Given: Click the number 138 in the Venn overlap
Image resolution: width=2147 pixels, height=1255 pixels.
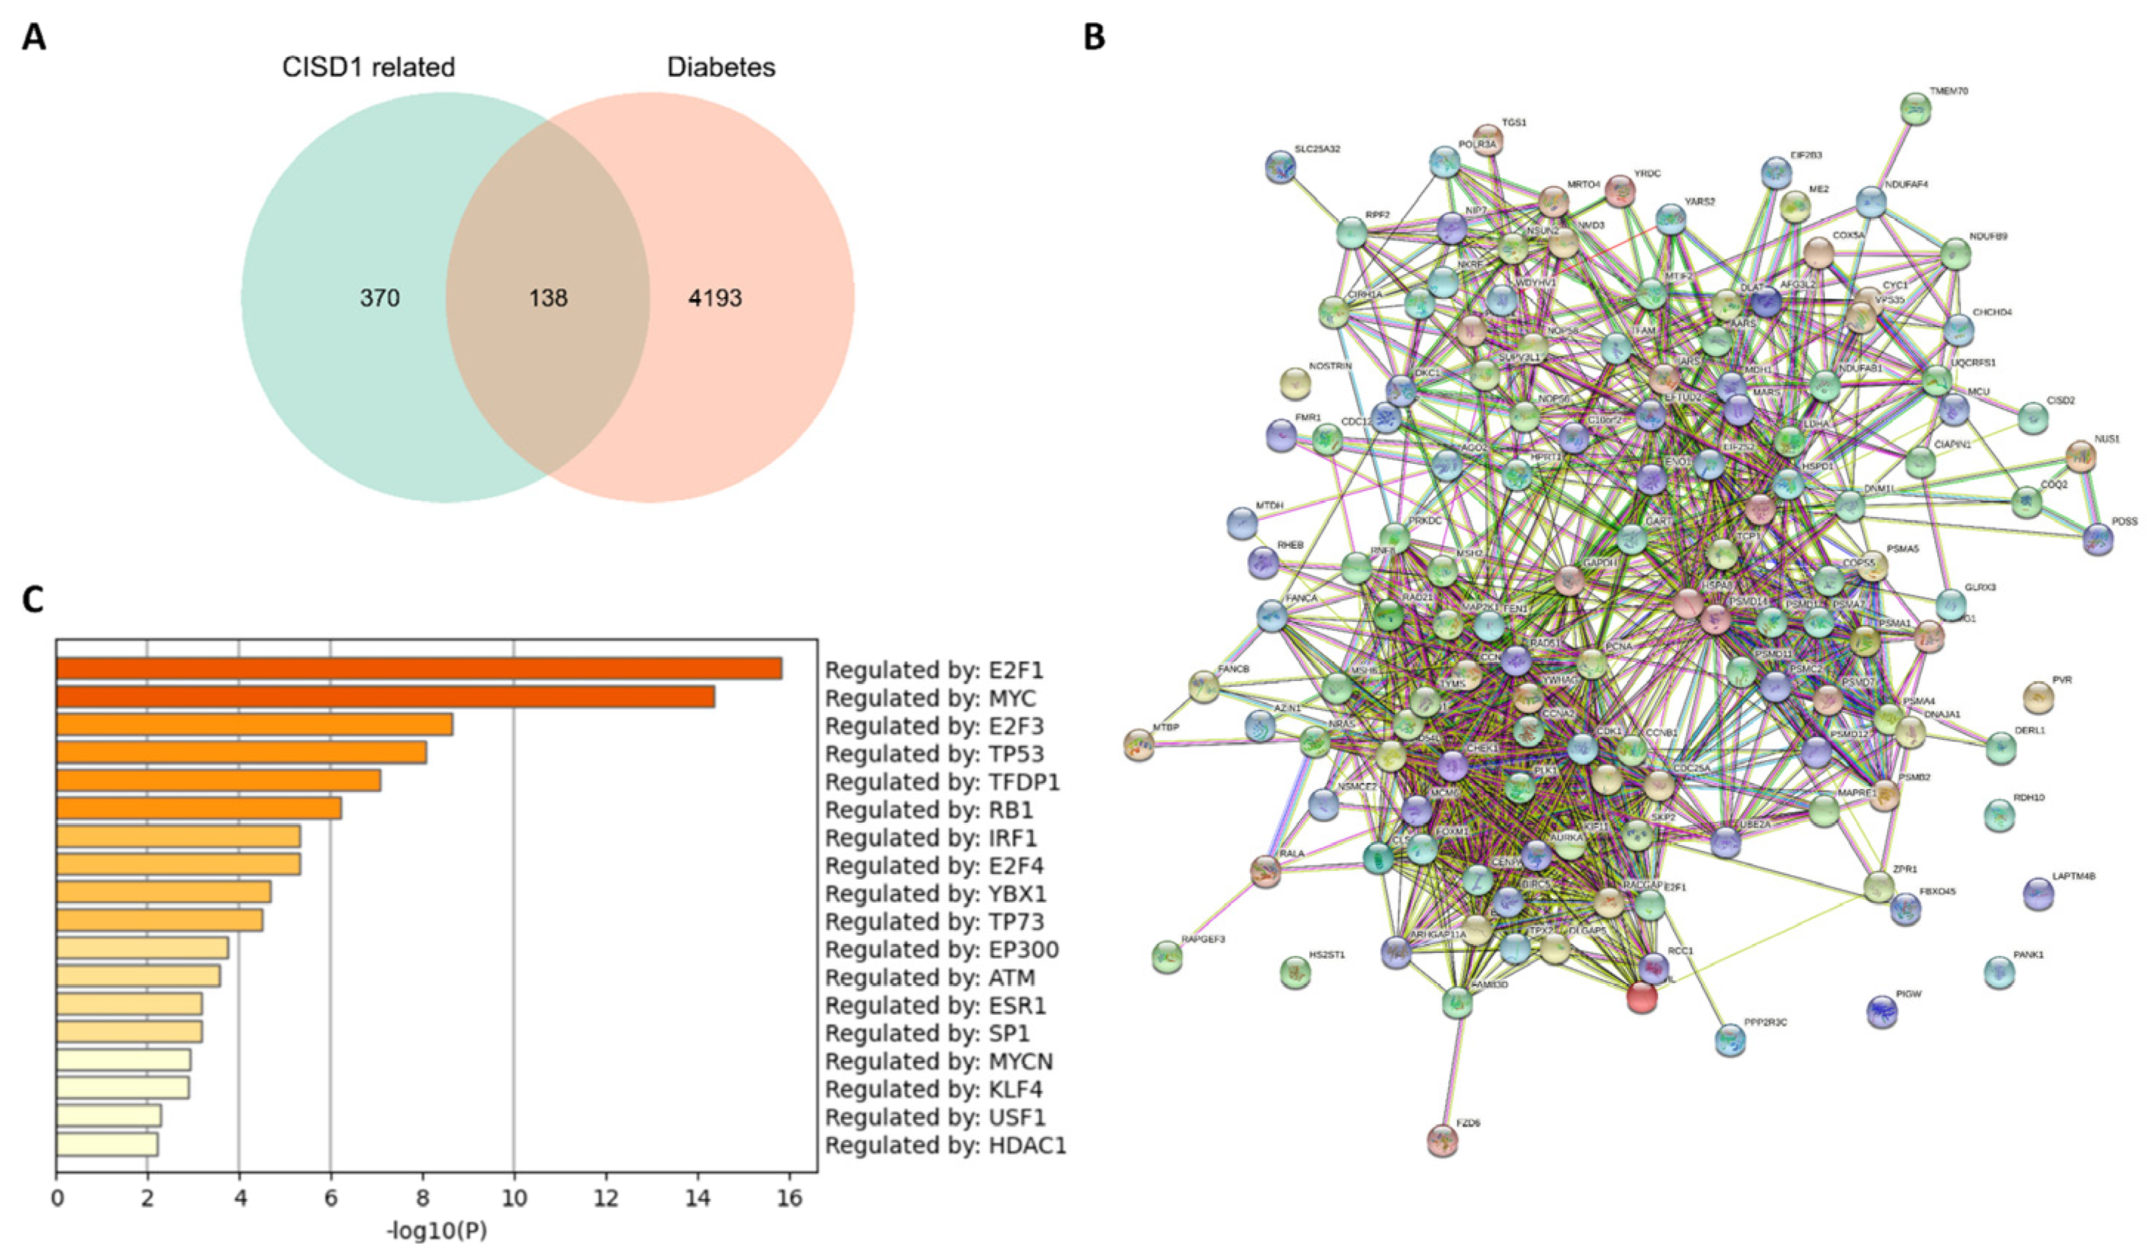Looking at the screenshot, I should tap(547, 298).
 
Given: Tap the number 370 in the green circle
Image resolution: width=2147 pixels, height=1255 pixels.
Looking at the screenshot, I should tap(379, 298).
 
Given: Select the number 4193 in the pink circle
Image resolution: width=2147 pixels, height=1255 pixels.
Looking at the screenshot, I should tap(715, 298).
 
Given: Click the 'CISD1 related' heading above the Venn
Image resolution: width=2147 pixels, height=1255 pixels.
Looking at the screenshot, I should tap(368, 67).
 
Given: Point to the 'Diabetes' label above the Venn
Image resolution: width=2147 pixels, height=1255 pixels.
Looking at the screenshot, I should tap(721, 67).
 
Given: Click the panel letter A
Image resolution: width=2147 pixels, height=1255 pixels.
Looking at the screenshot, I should tap(34, 38).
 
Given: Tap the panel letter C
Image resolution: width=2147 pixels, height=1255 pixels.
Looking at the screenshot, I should tap(33, 600).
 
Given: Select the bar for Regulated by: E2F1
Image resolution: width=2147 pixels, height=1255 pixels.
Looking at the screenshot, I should tap(418, 668).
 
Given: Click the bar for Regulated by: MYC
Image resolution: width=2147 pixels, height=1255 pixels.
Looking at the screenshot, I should tap(385, 697).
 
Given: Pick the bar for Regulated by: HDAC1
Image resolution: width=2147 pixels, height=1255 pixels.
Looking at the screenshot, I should tap(106, 1144).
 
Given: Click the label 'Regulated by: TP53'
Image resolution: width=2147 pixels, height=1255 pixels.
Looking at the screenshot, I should tap(934, 754).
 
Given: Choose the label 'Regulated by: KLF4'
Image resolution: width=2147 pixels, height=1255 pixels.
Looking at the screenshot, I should tap(934, 1089).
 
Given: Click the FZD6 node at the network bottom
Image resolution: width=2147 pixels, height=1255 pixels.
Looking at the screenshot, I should tap(1441, 1140).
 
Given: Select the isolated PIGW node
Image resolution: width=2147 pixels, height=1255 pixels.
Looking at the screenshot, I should tap(1882, 1011).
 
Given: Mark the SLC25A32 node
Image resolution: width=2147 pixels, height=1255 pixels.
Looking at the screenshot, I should tap(1280, 167).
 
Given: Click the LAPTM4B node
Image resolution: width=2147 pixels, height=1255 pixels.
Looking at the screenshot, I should tap(2038, 894).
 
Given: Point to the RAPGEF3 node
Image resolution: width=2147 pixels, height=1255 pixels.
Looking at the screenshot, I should tap(1167, 957).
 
